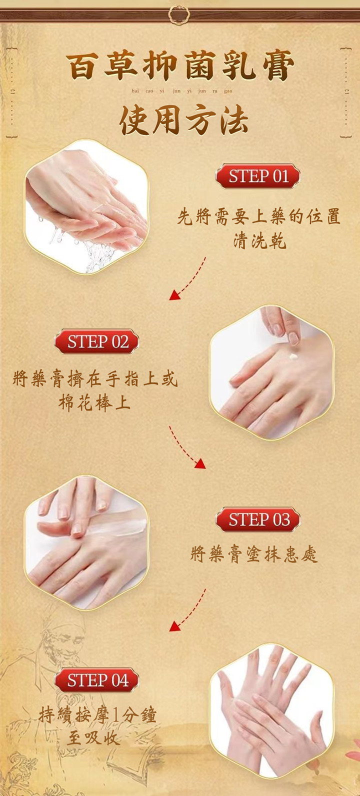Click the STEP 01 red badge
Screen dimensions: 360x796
(258, 176)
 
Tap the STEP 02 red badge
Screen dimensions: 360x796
(96, 341)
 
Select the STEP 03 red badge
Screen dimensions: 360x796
(258, 519)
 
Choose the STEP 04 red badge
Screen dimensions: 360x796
(96, 680)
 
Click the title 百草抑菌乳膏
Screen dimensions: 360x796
(180, 65)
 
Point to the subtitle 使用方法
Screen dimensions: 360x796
(183, 121)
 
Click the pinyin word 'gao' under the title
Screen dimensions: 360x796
(228, 91)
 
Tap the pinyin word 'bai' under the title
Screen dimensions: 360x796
(135, 90)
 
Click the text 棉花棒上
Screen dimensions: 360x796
(94, 402)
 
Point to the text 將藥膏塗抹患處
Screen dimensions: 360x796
(253, 554)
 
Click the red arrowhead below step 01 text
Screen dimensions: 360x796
(174, 295)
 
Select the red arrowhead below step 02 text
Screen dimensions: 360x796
(200, 463)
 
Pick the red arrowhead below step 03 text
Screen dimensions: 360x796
(174, 626)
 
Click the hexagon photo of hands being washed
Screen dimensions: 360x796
(86, 207)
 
